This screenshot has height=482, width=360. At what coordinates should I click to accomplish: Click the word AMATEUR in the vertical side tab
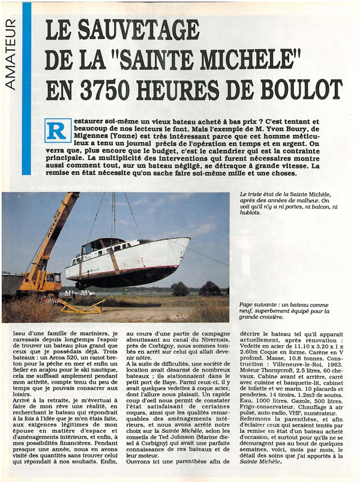point(10,55)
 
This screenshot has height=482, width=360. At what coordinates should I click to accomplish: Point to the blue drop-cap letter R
point(58,129)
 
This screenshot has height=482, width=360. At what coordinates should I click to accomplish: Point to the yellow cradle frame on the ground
point(80,307)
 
